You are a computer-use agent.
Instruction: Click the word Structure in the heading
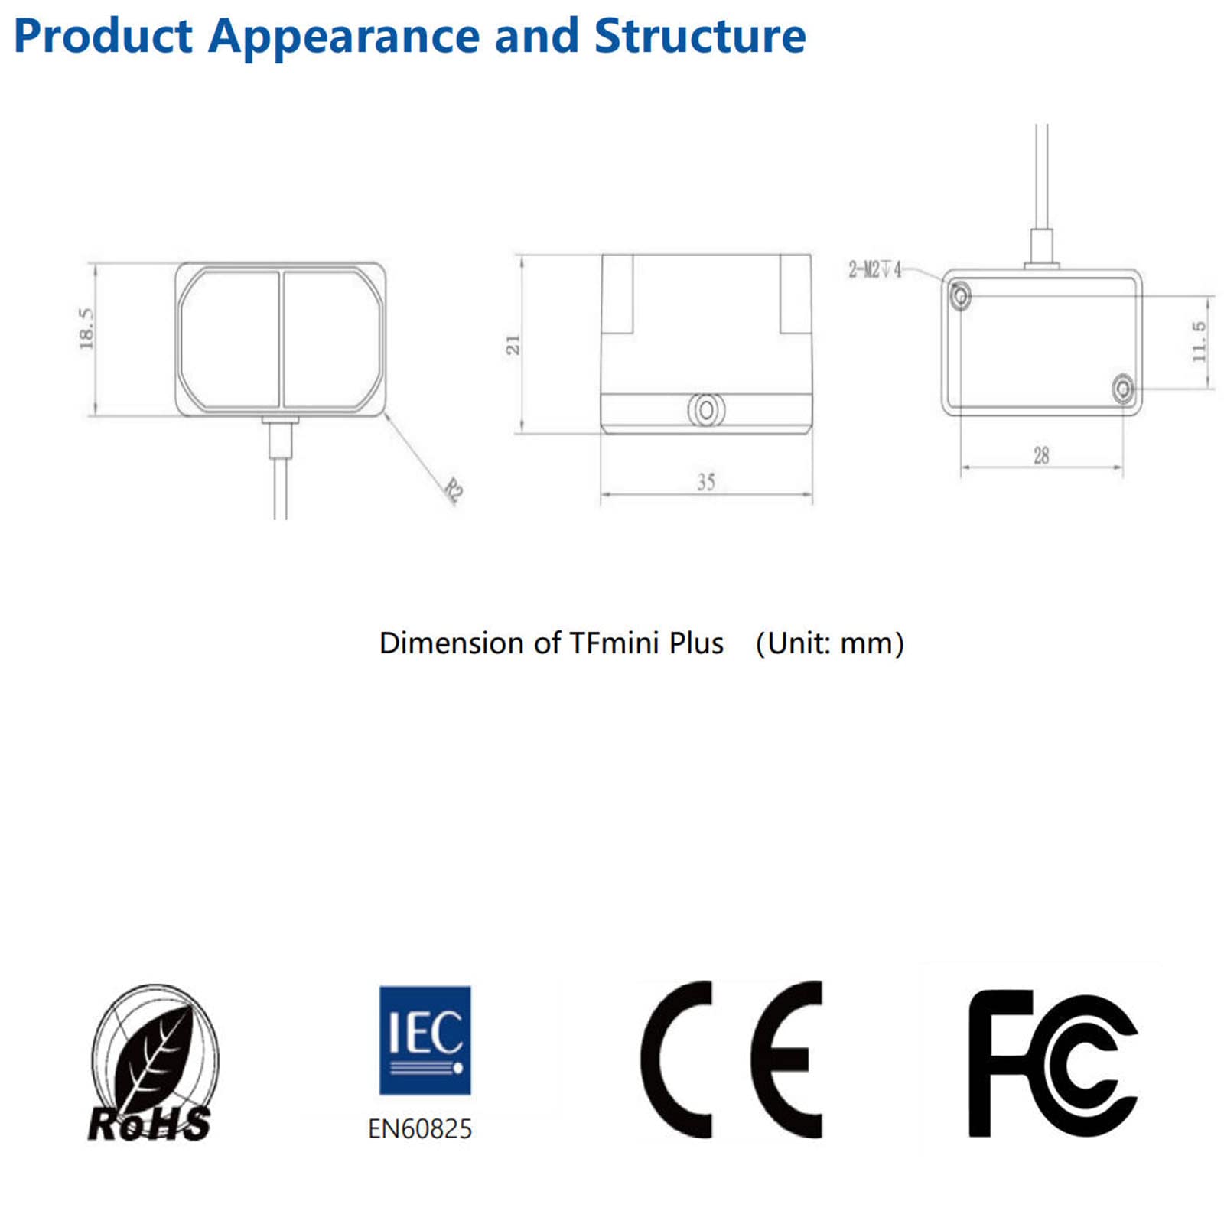[x=700, y=36]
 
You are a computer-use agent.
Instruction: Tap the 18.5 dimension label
[x=86, y=328]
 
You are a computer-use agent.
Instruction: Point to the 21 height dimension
[x=513, y=344]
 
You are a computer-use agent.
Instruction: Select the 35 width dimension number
[x=705, y=482]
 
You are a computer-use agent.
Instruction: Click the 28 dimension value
[x=1041, y=456]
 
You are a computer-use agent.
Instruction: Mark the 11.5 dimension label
[x=1199, y=342]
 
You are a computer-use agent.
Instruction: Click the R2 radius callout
[x=454, y=490]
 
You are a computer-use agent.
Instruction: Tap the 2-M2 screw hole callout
[x=875, y=269]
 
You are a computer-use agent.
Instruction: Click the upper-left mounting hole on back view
[x=960, y=295]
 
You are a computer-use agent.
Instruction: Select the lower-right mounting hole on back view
[x=1122, y=389]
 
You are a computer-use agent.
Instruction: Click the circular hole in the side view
[x=706, y=410]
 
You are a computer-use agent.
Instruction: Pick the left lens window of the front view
[x=230, y=338]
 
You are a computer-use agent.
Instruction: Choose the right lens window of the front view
[x=332, y=338]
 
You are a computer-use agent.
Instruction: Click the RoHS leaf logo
[x=152, y=1063]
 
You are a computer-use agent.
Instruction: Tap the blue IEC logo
[x=425, y=1040]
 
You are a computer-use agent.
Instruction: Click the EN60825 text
[x=420, y=1129]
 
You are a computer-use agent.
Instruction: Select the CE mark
[x=731, y=1060]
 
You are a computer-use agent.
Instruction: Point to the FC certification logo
[x=1053, y=1063]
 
